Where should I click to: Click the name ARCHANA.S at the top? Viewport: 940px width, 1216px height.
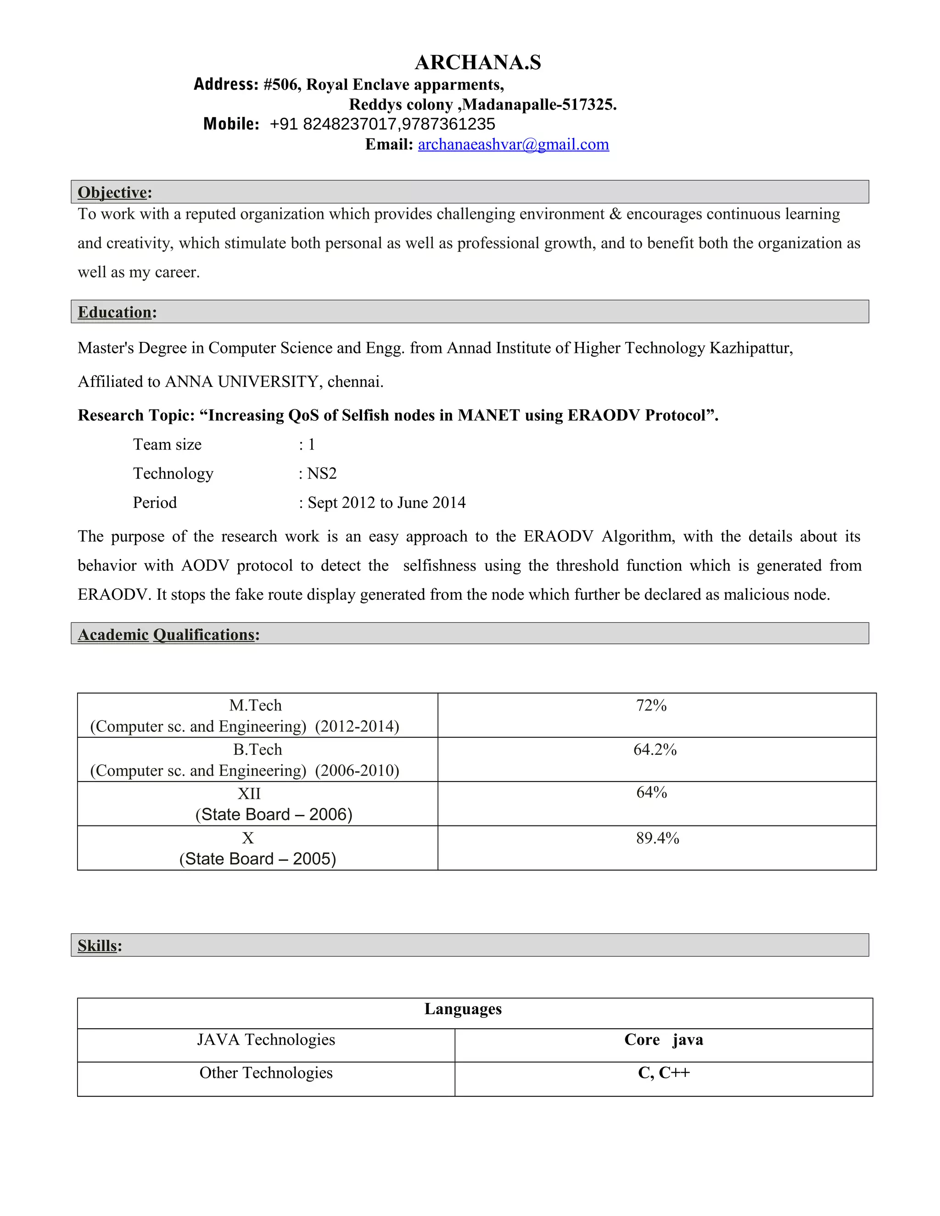(478, 62)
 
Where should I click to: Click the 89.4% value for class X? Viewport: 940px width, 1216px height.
(657, 838)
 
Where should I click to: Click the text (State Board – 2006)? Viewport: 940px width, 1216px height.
(274, 814)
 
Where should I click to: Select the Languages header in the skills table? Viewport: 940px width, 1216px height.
(463, 1009)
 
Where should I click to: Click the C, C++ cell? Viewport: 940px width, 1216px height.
(663, 1072)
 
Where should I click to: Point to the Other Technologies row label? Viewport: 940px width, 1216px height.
(266, 1072)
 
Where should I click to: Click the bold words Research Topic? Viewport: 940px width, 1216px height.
(136, 415)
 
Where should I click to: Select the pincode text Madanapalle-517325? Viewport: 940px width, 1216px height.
(539, 105)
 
